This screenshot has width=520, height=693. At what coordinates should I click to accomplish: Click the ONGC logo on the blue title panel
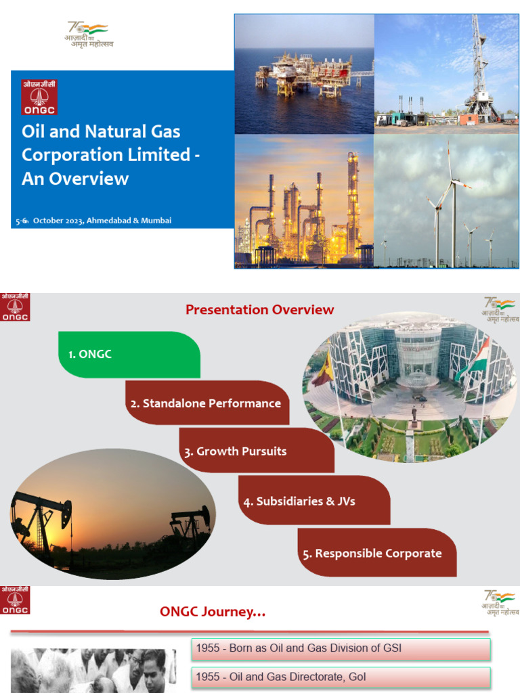(39, 97)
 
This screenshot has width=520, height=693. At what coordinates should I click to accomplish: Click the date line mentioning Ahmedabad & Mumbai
(94, 221)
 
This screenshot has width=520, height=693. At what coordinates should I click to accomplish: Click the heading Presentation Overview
(260, 310)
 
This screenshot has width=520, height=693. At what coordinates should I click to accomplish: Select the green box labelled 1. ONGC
(129, 355)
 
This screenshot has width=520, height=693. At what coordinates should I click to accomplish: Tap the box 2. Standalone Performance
(207, 403)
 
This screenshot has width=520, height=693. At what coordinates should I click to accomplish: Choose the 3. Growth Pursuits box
(256, 451)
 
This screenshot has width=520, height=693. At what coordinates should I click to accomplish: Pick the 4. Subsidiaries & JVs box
(313, 501)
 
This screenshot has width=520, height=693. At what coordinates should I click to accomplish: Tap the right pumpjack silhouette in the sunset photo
(191, 524)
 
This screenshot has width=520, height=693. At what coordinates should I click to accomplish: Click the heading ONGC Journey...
(213, 612)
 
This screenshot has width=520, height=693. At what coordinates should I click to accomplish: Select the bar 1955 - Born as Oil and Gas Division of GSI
(341, 648)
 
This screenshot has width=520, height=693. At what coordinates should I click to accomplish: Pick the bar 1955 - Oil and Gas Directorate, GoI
(341, 677)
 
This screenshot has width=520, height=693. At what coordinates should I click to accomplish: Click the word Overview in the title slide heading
(93, 179)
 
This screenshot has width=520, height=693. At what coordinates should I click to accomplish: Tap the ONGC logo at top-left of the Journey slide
(15, 601)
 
